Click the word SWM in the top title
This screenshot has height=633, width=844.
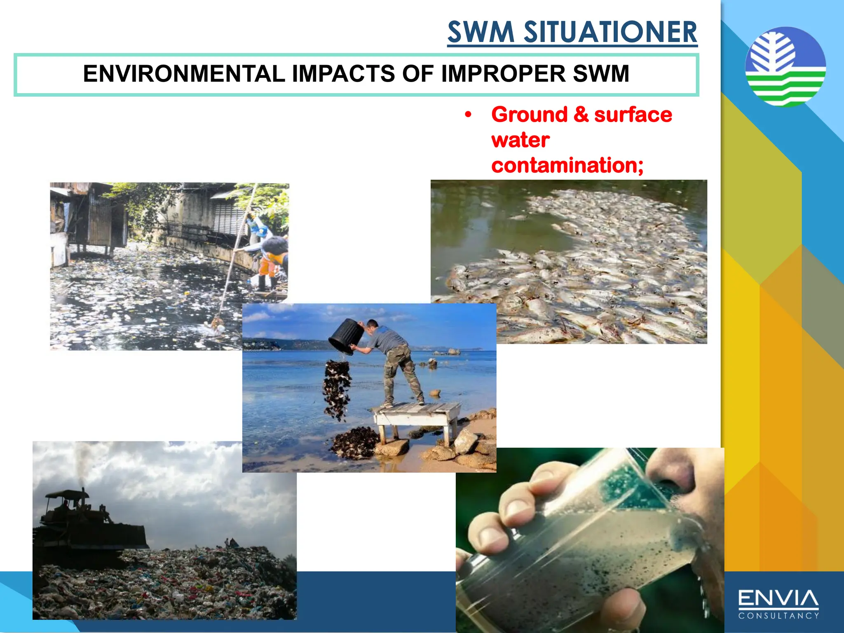tap(481, 32)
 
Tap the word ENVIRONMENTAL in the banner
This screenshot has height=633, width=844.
tap(184, 74)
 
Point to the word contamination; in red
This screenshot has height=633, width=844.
tap(567, 165)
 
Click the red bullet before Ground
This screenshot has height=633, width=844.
tap(467, 115)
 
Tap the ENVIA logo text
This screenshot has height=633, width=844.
tap(778, 598)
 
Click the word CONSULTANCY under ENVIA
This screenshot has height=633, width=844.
tap(778, 616)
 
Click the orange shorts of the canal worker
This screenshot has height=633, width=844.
tap(267, 267)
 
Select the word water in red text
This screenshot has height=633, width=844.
tap(520, 140)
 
